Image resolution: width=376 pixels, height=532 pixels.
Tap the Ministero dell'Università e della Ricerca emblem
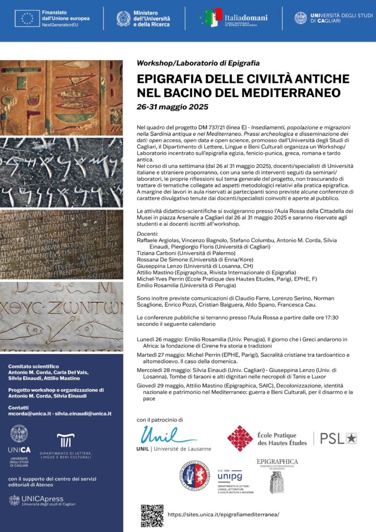(124, 19)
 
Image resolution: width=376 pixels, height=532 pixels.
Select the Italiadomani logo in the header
(234, 18)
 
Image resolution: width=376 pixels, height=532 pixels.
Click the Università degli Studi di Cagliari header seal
(301, 18)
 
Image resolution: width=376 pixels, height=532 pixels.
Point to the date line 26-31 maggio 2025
(172, 107)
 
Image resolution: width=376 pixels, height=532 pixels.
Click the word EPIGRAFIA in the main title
(170, 79)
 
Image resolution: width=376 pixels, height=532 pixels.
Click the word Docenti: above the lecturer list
(147, 234)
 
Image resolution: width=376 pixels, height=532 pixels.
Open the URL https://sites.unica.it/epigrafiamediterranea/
(224, 514)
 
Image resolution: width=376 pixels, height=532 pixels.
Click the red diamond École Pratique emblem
(240, 438)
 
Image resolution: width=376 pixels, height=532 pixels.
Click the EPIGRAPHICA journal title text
(277, 461)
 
